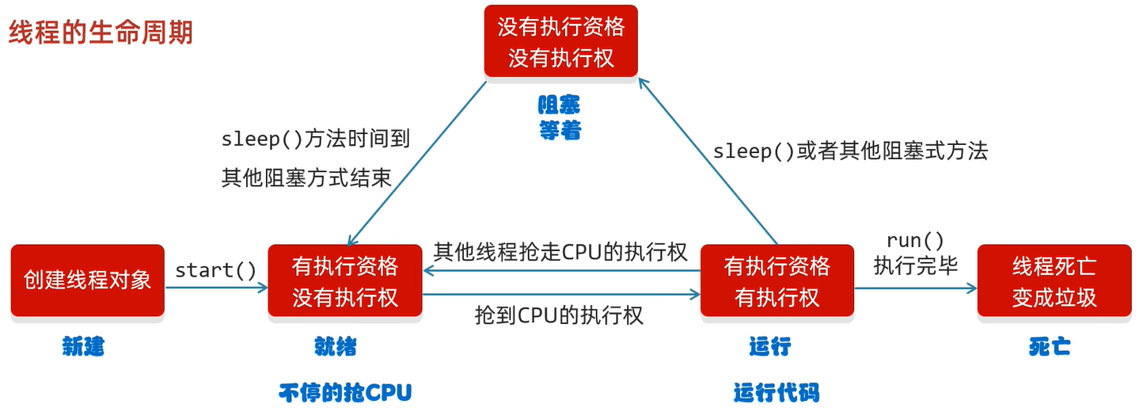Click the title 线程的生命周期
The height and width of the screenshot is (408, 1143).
[101, 32]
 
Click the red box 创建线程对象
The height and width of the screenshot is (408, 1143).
[87, 280]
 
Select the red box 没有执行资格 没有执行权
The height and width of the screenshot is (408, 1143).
[561, 43]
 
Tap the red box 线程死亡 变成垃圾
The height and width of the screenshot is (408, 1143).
[1054, 280]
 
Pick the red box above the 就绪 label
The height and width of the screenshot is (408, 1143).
[345, 280]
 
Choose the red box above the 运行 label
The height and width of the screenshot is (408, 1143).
[777, 280]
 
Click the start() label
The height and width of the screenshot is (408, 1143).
[216, 270]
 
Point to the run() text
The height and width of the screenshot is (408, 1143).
[915, 241]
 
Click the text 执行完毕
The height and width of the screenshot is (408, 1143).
[916, 266]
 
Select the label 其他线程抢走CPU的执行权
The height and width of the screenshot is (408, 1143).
[560, 252]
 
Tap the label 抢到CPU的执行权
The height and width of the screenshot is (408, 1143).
[559, 315]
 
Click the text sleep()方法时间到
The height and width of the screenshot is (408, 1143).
[315, 140]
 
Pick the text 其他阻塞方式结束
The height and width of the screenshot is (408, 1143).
[306, 177]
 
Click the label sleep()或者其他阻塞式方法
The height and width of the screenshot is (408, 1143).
[850, 151]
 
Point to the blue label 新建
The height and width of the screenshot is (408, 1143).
[84, 346]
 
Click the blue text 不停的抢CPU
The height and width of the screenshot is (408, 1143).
[345, 393]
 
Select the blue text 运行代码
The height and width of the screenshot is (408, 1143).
[776, 393]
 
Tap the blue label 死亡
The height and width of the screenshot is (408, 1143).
[1050, 346]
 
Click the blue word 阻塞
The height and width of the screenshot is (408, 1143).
[560, 105]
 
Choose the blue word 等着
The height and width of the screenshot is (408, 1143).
[560, 131]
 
